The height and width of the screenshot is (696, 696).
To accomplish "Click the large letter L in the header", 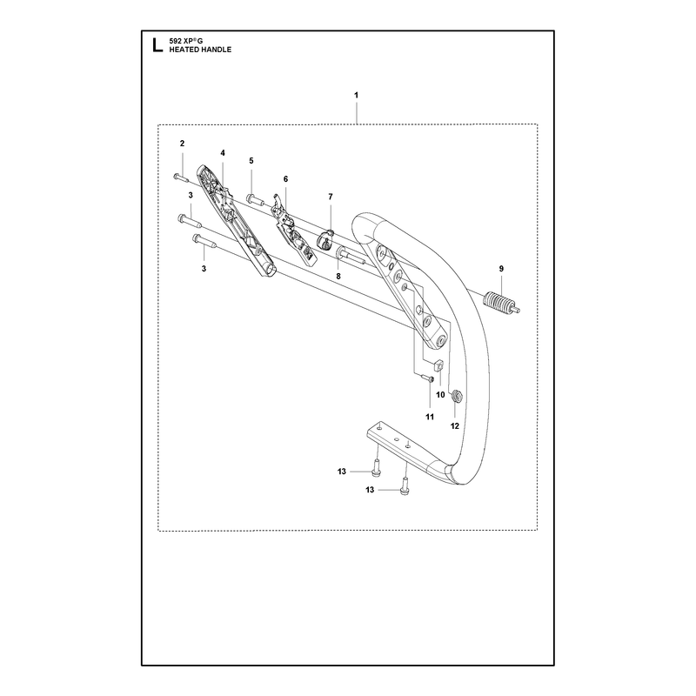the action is pyautogui.click(x=157, y=45).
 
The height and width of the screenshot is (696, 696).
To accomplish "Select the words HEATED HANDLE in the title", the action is pyautogui.click(x=200, y=50).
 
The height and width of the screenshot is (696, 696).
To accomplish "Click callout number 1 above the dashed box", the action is pyautogui.click(x=357, y=95).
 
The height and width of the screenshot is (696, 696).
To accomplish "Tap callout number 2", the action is pyautogui.click(x=182, y=144).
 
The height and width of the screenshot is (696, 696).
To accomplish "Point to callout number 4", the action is pyautogui.click(x=223, y=153).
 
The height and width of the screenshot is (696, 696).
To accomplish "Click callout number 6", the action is pyautogui.click(x=285, y=179).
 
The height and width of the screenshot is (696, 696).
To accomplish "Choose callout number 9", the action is pyautogui.click(x=501, y=269).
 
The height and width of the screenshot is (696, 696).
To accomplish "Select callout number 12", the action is pyautogui.click(x=454, y=426).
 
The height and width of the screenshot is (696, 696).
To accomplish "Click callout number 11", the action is pyautogui.click(x=430, y=417).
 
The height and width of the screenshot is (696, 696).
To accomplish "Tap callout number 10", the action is pyautogui.click(x=440, y=395).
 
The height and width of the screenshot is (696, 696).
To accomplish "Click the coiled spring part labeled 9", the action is pyautogui.click(x=501, y=304).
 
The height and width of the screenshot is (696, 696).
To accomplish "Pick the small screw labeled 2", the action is pyautogui.click(x=181, y=178).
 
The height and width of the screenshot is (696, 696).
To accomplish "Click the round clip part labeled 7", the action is pyautogui.click(x=325, y=240).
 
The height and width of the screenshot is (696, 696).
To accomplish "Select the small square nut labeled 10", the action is pyautogui.click(x=438, y=365).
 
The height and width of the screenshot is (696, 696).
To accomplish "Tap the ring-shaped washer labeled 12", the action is pyautogui.click(x=456, y=394).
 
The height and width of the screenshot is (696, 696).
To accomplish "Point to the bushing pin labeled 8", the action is pyautogui.click(x=351, y=256).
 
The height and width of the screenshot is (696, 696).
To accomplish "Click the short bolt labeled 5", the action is pyautogui.click(x=255, y=201).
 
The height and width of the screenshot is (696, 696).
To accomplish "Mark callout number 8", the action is pyautogui.click(x=338, y=276).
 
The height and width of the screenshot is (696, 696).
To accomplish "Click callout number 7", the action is pyautogui.click(x=331, y=197).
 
